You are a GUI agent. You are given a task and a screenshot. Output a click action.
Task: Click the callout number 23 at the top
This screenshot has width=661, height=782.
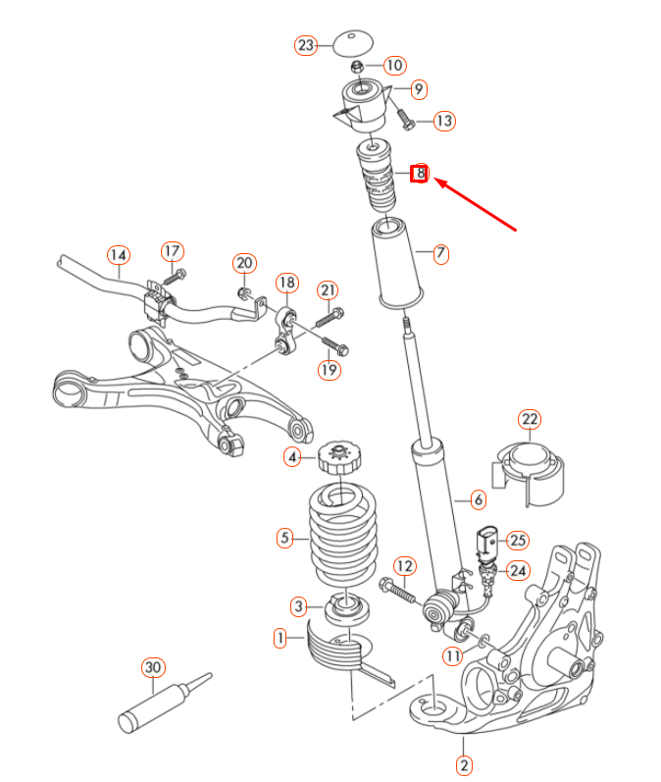pos(307,45)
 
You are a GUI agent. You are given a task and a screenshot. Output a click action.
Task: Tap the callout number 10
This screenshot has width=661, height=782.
pos(393,66)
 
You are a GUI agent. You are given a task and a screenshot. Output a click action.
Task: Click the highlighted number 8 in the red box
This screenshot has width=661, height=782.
pos(420,174)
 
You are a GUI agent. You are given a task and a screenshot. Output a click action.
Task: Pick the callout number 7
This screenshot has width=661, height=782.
pos(440,253)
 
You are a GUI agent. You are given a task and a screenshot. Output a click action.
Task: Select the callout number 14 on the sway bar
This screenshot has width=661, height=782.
pos(118,255)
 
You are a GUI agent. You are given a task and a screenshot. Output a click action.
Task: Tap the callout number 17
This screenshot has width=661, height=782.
pos(173,251)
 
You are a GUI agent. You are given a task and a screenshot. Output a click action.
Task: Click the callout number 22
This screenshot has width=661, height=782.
pos(530,420)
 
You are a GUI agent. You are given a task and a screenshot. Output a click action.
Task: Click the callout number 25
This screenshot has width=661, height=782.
pos(517,539)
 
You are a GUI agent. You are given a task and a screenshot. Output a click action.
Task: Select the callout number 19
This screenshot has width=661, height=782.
pos(328,369)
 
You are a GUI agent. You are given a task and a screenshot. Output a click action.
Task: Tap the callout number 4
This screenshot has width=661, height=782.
pos(292,456)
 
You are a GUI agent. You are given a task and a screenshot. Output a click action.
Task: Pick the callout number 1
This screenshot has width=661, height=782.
pos(280,639)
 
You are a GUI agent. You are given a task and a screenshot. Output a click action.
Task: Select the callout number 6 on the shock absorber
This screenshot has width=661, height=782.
pos(478,500)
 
